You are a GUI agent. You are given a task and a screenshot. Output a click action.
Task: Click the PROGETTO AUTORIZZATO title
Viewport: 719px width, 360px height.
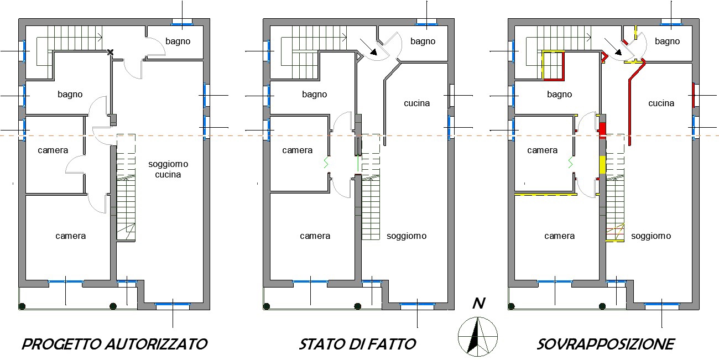point(114,345)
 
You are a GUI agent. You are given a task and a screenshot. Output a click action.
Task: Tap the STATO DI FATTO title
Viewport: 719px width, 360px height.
point(357,345)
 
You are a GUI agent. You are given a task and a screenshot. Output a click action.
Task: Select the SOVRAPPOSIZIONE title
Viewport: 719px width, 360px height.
point(606,345)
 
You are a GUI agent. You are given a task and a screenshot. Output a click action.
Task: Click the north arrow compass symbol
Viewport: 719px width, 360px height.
point(478,336)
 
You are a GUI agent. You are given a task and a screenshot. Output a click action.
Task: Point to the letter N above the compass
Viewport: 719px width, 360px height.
point(479,303)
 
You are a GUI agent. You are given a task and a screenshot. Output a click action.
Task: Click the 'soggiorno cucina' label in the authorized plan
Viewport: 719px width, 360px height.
point(168,169)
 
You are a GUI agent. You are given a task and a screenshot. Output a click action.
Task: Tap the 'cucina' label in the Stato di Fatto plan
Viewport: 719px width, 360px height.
point(416,103)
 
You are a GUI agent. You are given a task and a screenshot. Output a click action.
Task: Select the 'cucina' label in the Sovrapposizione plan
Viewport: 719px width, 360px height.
point(661,103)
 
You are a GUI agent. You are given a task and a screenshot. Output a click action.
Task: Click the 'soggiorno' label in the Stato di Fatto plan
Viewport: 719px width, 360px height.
point(407,236)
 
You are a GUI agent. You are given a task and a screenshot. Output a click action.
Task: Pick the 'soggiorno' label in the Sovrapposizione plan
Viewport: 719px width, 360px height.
point(651,236)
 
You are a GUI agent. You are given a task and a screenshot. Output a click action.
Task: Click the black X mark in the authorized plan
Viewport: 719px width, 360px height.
point(111,52)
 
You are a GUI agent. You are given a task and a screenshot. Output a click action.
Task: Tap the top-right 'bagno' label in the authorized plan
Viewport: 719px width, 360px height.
point(178,41)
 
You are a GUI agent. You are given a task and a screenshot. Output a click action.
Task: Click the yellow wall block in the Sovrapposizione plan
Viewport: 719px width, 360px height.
point(603,165)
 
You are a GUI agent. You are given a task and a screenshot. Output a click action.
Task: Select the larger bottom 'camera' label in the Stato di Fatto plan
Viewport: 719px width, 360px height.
point(315,236)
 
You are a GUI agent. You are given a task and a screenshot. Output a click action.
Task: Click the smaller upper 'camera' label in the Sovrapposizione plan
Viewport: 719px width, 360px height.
point(543,150)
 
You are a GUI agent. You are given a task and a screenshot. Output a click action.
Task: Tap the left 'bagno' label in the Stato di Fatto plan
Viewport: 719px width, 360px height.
point(314,95)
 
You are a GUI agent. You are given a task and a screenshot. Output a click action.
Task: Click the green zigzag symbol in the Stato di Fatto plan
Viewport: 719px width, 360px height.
point(326,163)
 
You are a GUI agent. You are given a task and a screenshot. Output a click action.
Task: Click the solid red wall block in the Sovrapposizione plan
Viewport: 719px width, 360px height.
point(603,130)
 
